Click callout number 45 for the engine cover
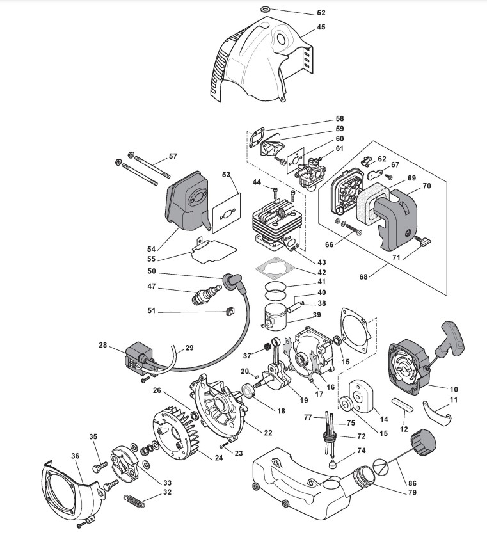(x=321, y=27)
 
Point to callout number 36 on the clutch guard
(x=76, y=456)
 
